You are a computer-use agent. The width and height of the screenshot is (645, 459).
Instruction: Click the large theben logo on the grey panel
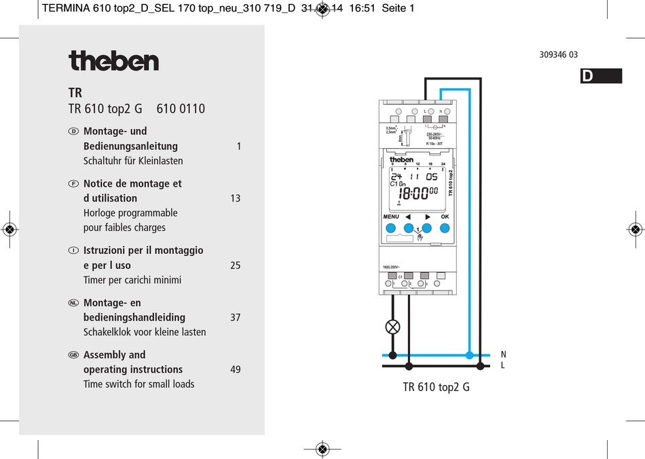coord(113,60)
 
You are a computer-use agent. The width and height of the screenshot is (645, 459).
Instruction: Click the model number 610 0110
coord(181,109)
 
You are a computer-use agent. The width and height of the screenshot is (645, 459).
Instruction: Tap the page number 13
coord(235,198)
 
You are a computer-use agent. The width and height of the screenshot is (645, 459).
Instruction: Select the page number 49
coord(235,369)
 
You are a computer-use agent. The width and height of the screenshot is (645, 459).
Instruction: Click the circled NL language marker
coord(74,303)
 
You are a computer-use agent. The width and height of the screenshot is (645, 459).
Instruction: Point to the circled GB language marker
coord(74,355)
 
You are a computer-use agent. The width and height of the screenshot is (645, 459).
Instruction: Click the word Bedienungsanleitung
coord(130,146)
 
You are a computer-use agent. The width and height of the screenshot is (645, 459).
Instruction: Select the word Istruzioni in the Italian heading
coord(106,251)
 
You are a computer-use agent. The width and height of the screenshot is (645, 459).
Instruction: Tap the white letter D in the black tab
coord(587,77)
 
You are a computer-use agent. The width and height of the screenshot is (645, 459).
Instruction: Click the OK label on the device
coord(445,217)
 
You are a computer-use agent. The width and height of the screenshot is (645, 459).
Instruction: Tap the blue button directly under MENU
coord(391,229)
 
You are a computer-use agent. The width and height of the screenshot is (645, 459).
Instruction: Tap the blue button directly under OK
coord(445,229)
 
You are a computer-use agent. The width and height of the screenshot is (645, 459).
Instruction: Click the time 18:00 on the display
coord(413,193)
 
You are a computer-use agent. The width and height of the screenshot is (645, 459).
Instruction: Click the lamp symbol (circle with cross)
coord(392,327)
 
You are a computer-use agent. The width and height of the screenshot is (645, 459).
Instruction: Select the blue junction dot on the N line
coord(469,354)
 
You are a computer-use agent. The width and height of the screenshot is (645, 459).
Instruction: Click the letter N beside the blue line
coord(503,354)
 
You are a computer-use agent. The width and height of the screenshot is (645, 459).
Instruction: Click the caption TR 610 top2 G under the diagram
coord(436,387)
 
